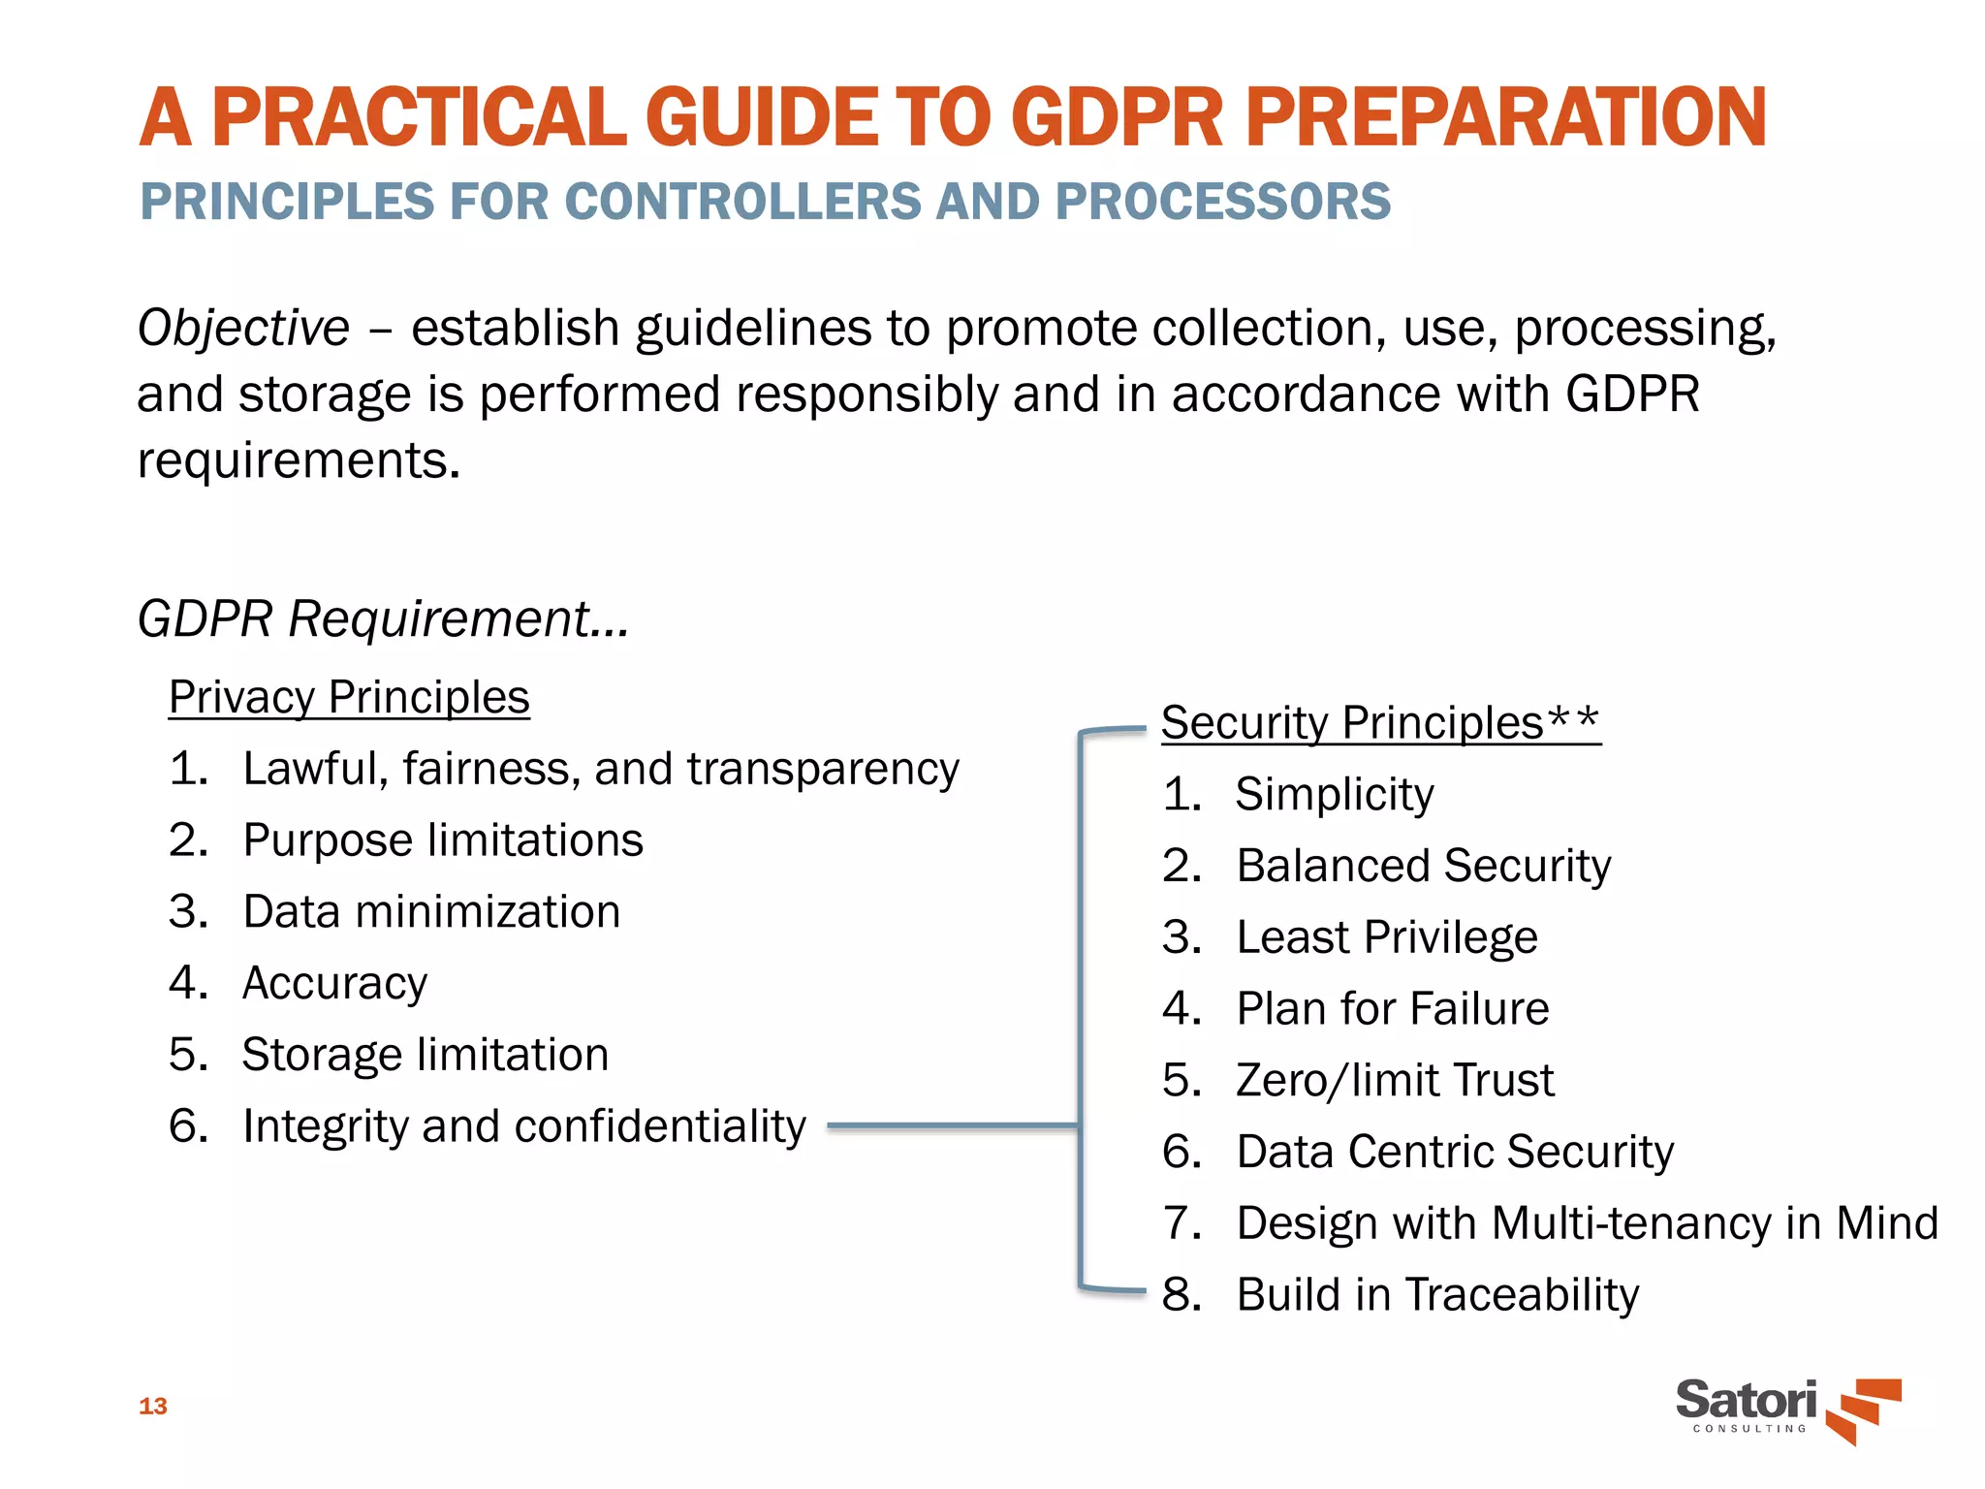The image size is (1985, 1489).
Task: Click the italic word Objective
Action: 243,328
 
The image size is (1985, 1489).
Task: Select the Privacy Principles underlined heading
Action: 349,697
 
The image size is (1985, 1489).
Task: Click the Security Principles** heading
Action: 1380,723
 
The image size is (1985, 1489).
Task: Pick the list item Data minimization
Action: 430,912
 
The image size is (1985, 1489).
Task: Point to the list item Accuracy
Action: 334,984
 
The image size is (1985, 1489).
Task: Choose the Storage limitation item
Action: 425,1055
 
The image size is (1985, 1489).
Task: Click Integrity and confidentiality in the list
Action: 523,1126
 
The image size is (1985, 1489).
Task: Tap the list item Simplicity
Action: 1334,795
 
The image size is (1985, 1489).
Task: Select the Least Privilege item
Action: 1386,937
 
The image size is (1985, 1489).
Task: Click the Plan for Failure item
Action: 1392,1009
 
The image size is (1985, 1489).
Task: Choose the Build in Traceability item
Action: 1436,1295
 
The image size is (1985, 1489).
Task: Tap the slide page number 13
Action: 153,1407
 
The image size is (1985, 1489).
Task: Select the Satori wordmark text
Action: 1746,1400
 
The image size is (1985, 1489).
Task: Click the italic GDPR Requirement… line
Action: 383,618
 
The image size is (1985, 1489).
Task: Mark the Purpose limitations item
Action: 442,840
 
